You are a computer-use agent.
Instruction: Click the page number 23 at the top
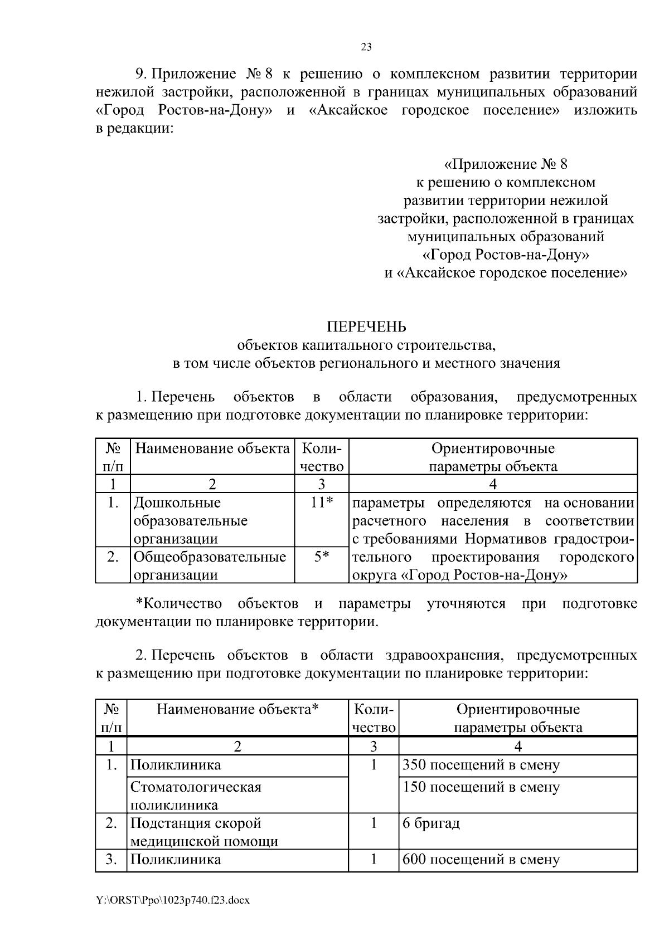point(366,47)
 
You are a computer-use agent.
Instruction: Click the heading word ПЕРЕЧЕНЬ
point(366,326)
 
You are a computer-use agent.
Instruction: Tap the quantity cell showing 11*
point(322,503)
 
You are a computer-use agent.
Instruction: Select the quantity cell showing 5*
point(322,557)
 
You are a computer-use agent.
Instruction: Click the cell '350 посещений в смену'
point(481,765)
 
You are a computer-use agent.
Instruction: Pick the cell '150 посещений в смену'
point(481,787)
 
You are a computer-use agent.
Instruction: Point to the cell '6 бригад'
point(431,823)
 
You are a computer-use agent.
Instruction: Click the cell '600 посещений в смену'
point(481,860)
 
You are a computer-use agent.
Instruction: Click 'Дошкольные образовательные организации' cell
point(190,520)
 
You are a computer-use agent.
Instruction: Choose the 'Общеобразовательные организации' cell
point(209,565)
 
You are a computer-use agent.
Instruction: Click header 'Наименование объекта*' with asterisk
point(237,709)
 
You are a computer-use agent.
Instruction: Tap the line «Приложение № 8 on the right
point(505,164)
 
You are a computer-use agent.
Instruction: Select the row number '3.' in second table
point(111,860)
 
